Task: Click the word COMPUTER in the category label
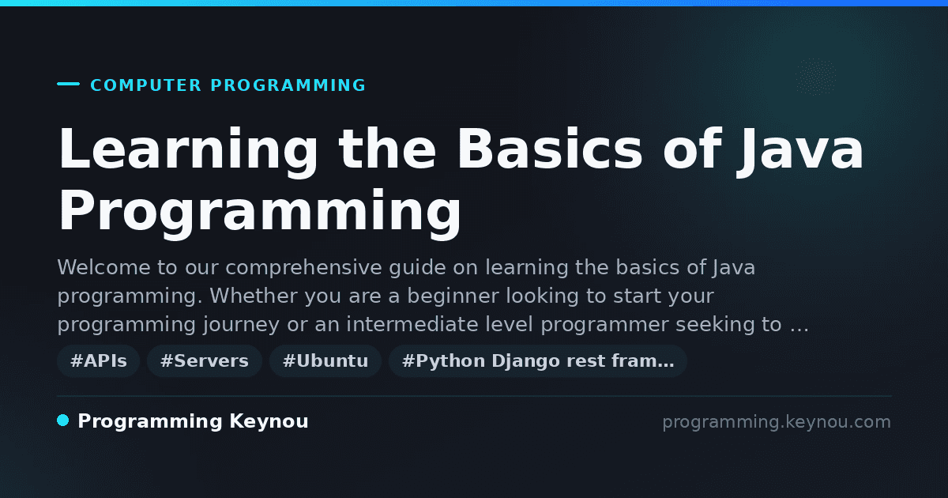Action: pyautogui.click(x=145, y=85)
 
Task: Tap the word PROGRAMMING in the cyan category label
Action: pyautogui.click(x=288, y=85)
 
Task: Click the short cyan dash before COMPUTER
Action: pyautogui.click(x=68, y=84)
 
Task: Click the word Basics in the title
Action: pyautogui.click(x=550, y=149)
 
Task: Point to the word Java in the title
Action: pyautogui.click(x=799, y=152)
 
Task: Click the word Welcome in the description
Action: pyautogui.click(x=103, y=268)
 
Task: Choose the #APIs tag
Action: pyautogui.click(x=99, y=360)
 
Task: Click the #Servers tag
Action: pyautogui.click(x=205, y=360)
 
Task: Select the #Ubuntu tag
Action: pyautogui.click(x=325, y=360)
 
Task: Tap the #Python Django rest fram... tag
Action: pyautogui.click(x=538, y=360)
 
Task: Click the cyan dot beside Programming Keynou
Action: pyautogui.click(x=63, y=421)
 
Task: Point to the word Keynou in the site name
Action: pyautogui.click(x=269, y=422)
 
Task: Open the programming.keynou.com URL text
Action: pyautogui.click(x=777, y=422)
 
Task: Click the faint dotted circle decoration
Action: pyautogui.click(x=815, y=77)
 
